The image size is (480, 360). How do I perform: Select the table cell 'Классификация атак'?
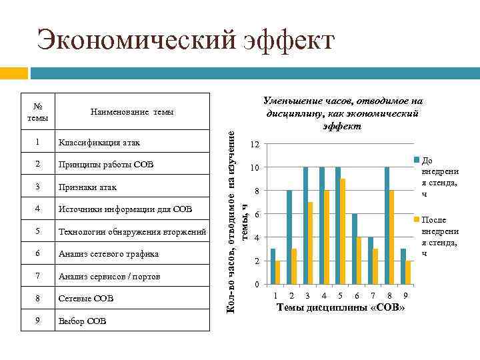(x=99, y=142)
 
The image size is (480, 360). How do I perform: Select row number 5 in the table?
(x=39, y=231)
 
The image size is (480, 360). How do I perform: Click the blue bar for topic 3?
(x=305, y=227)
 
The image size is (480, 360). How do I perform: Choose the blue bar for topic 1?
(x=273, y=267)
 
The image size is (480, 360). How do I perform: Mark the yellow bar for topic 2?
(x=294, y=267)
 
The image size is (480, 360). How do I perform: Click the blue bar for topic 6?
(x=354, y=250)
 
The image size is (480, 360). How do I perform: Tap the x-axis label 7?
(x=373, y=295)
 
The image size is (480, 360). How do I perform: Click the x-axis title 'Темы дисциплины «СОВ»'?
(x=340, y=307)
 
